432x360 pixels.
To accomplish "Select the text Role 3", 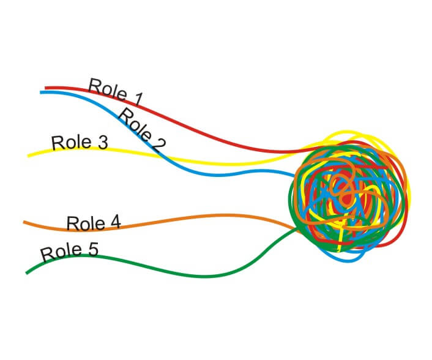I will click(x=80, y=143).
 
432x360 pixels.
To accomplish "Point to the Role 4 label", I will click(x=93, y=223).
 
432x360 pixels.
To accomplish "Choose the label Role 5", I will click(x=69, y=251).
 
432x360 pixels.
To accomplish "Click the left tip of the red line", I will click(x=46, y=88).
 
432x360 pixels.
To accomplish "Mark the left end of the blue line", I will click(x=41, y=92).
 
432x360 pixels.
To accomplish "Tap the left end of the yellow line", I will click(x=28, y=156).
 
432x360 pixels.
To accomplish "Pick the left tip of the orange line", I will click(x=24, y=222).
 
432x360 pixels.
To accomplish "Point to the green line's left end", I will click(x=26, y=272).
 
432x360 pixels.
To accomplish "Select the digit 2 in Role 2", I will click(x=158, y=145).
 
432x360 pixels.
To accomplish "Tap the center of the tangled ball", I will click(x=348, y=196).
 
